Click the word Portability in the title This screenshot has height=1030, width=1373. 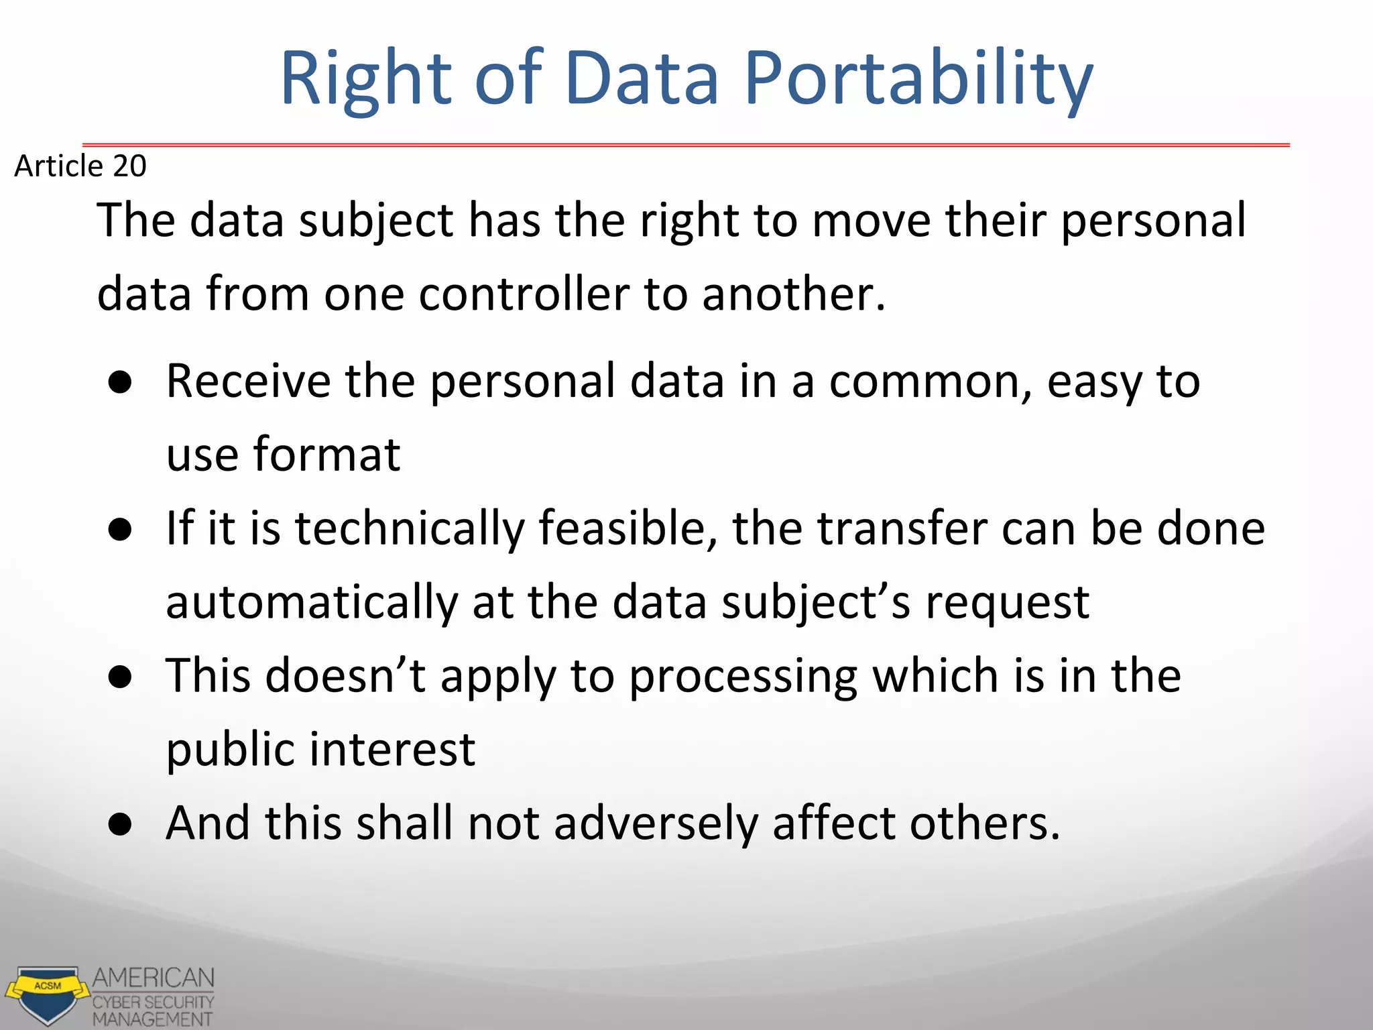(918, 79)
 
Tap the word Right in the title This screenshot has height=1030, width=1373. (366, 79)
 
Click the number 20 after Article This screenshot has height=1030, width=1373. (129, 166)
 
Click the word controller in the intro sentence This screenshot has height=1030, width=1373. (524, 294)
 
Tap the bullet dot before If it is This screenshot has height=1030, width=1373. (121, 530)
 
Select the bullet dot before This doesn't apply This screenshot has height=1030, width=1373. (121, 677)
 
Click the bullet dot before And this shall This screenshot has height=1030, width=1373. (121, 825)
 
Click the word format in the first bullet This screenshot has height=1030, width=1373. (326, 455)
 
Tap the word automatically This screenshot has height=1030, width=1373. (312, 602)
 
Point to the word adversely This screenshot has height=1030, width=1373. (656, 823)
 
